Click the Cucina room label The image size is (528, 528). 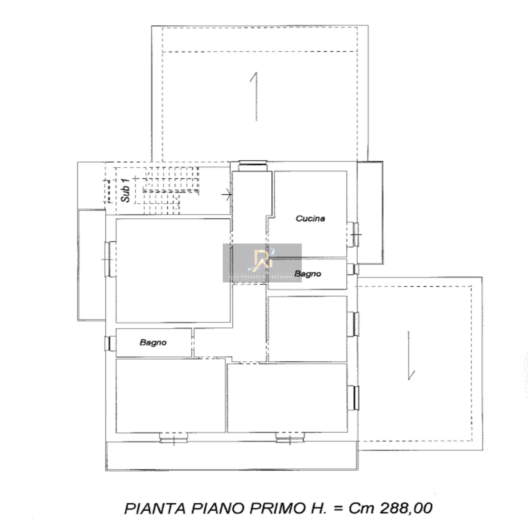click(310, 218)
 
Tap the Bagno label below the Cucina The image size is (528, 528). click(308, 274)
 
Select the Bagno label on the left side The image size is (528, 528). click(153, 343)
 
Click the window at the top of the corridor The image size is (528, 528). click(253, 164)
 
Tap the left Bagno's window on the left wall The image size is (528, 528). click(109, 343)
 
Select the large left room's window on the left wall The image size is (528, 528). click(109, 259)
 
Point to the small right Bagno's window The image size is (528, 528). click(354, 269)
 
